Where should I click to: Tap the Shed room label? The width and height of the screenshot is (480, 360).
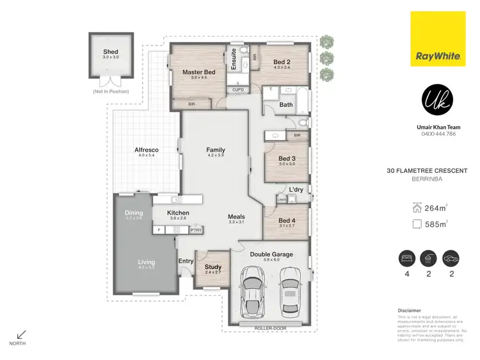(x=111, y=52)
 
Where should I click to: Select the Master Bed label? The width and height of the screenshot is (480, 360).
(x=198, y=72)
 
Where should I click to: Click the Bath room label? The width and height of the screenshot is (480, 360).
(x=286, y=104)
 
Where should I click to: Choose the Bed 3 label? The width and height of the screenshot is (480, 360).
(x=286, y=158)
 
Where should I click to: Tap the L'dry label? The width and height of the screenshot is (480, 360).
(x=296, y=190)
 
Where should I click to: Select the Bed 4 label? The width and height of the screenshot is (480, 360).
(x=287, y=219)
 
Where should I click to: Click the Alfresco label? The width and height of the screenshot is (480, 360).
(x=147, y=151)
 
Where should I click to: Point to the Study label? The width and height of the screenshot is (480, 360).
(x=212, y=266)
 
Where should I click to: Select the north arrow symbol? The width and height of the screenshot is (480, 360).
(x=20, y=334)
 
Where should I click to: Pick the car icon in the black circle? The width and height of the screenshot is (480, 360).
(x=451, y=258)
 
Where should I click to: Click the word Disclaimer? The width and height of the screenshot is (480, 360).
(x=410, y=311)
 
